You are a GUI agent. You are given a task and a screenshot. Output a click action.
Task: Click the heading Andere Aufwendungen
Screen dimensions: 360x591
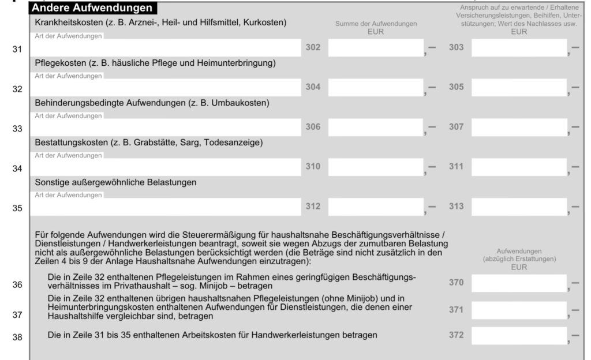(92, 8)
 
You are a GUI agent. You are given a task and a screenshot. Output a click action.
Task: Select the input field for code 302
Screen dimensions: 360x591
(376, 48)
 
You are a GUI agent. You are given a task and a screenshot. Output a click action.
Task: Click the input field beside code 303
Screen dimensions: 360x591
(518, 48)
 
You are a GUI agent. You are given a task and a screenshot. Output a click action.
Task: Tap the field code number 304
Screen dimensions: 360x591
(313, 87)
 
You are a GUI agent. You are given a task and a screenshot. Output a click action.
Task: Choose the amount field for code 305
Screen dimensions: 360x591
(518, 87)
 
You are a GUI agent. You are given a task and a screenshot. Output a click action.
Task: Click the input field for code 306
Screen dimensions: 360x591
(376, 127)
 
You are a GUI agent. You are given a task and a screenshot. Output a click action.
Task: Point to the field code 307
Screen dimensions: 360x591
(456, 127)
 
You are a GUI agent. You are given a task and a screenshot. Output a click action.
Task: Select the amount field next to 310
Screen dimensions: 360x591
(376, 167)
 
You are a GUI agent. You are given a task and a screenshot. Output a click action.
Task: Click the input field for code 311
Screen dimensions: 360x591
(518, 167)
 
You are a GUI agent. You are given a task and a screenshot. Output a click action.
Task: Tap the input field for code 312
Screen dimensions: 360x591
(376, 206)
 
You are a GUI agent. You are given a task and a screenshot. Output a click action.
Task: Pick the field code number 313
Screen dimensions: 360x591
(456, 207)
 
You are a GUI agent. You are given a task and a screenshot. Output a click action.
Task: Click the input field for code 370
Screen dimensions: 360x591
(518, 283)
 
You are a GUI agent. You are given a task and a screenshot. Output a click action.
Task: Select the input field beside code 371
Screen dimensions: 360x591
(518, 310)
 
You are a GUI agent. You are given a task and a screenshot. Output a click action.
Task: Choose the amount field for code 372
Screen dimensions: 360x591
(518, 335)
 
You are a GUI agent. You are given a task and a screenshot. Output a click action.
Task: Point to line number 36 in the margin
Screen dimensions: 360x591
(17, 285)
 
